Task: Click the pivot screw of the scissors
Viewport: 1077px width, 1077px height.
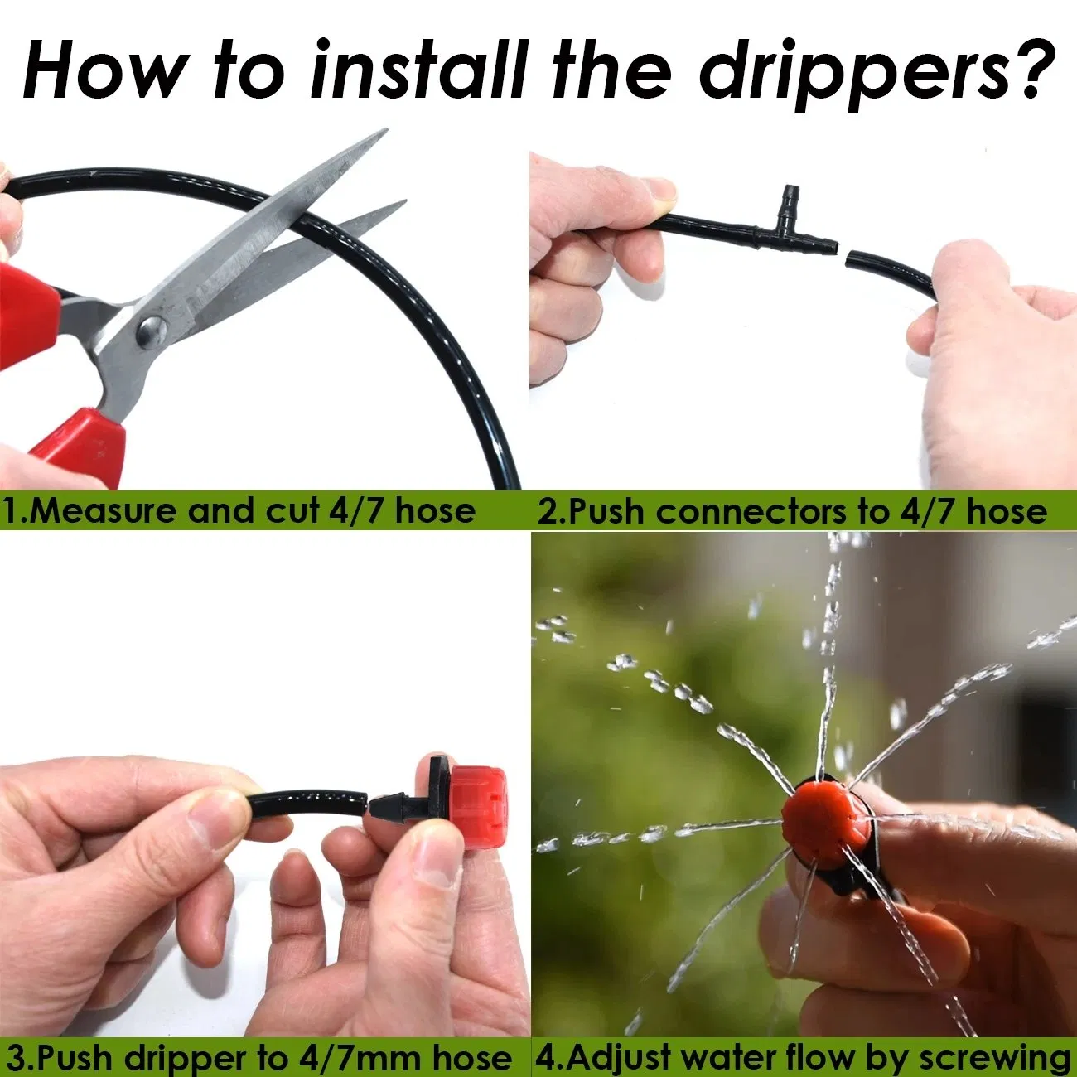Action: click(152, 331)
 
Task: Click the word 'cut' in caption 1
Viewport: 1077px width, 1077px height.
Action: click(292, 510)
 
